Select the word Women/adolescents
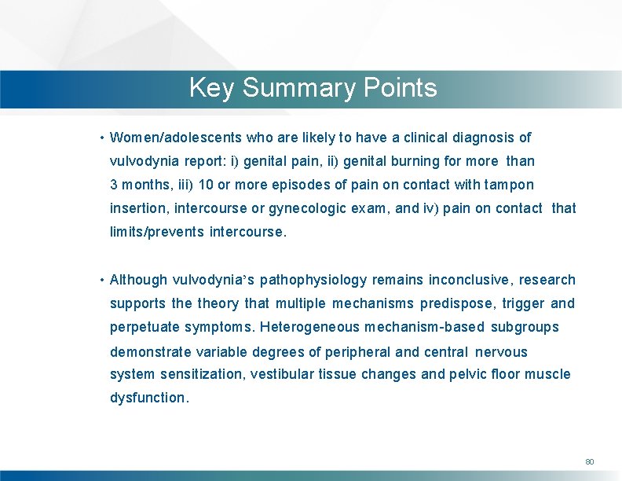point(176,138)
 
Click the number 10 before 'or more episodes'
point(207,185)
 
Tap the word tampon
point(507,185)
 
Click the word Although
point(139,280)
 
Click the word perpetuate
point(145,327)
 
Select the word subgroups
point(525,327)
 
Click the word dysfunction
point(149,398)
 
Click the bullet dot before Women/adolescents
point(102,138)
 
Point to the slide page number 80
point(589,461)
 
